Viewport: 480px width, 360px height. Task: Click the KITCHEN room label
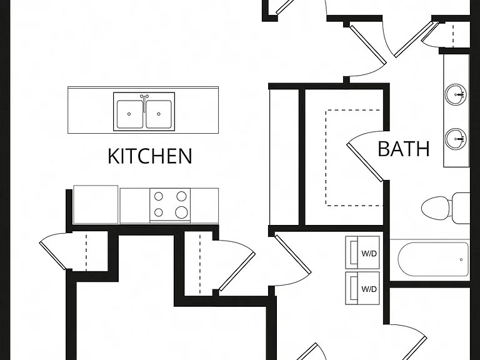point(150,156)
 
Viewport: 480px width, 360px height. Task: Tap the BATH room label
point(404,149)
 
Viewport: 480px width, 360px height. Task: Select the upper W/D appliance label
point(369,254)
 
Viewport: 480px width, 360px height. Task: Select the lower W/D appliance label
point(369,289)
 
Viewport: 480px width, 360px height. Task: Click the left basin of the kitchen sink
point(130,114)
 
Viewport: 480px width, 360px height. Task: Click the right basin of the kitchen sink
point(158,114)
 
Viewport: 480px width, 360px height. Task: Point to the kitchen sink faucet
point(144,102)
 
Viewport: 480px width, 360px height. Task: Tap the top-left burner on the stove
point(158,196)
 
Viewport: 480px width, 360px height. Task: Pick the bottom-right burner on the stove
point(181,212)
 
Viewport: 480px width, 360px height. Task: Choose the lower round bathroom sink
point(455,138)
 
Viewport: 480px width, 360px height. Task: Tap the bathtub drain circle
point(461,259)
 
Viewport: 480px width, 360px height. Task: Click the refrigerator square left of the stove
point(96,204)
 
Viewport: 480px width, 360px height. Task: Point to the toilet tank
point(461,208)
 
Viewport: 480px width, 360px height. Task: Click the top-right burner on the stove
point(181,196)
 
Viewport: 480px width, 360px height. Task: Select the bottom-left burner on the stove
point(158,212)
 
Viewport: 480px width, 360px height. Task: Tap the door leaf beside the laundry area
point(292,254)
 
